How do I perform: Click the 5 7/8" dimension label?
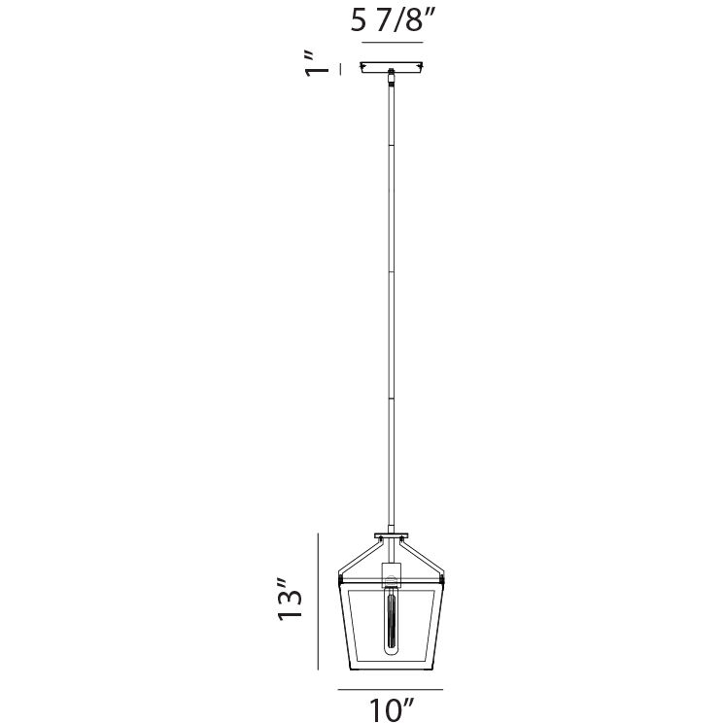(x=393, y=20)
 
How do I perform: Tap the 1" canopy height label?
(x=316, y=64)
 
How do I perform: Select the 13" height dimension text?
(x=290, y=599)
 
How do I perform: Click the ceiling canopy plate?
(x=392, y=67)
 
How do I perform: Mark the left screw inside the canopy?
(x=363, y=68)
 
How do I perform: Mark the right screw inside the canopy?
(x=420, y=68)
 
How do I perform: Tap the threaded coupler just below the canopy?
(x=392, y=78)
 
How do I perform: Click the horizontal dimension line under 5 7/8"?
(x=393, y=43)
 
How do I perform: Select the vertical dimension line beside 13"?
(x=318, y=602)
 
